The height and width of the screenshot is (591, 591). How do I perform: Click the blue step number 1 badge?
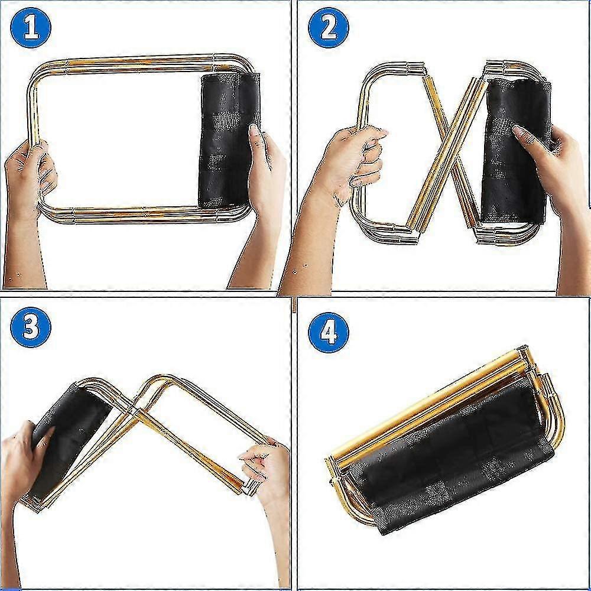31,27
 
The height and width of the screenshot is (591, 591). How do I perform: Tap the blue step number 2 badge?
329,27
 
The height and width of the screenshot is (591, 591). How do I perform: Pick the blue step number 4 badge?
329,332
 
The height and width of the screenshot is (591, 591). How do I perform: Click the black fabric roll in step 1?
228,139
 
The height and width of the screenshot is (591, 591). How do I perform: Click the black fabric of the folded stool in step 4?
449,461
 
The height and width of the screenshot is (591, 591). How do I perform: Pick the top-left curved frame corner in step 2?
369,77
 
